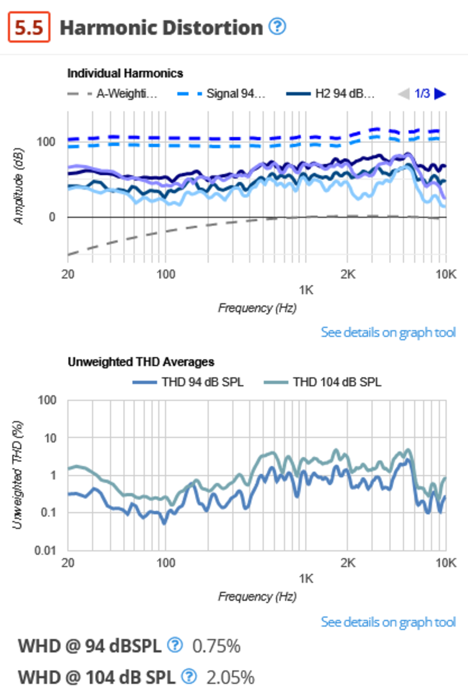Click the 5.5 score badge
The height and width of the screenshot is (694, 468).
[29, 27]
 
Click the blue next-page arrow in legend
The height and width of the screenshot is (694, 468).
[440, 94]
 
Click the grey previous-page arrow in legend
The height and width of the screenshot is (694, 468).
[404, 94]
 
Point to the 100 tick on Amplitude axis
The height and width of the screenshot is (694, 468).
[46, 142]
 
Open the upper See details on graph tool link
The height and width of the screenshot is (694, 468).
[388, 332]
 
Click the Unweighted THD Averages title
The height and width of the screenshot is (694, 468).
[141, 362]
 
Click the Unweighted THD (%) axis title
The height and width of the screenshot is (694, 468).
[17, 475]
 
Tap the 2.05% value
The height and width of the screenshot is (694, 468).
[230, 677]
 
